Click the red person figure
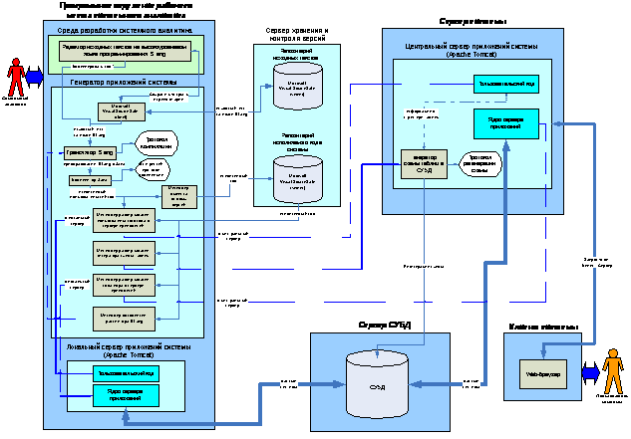pos(15,77)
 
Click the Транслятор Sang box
pos(91,152)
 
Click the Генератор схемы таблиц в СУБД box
pos(421,162)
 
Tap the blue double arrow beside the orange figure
pos(592,370)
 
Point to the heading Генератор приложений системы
pos(123,82)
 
